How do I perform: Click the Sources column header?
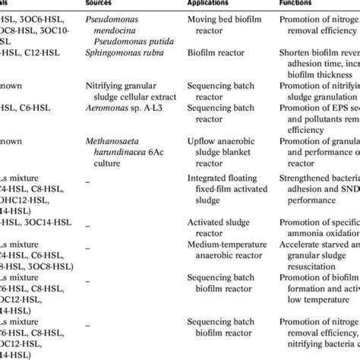[106, 3]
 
